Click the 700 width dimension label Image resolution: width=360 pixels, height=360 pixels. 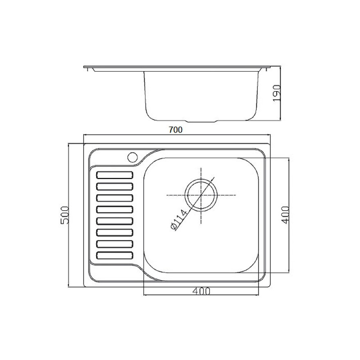pyautogui.click(x=175, y=130)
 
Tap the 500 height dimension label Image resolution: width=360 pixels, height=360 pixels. pyautogui.click(x=65, y=215)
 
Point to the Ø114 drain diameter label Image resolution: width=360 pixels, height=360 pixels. pyautogui.click(x=181, y=220)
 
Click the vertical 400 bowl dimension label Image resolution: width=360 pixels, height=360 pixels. pyautogui.click(x=286, y=215)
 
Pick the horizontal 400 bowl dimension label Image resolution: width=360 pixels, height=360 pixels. pyautogui.click(x=201, y=291)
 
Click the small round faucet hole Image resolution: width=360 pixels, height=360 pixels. pyautogui.click(x=133, y=157)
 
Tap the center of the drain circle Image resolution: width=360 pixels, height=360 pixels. pyautogui.click(x=201, y=195)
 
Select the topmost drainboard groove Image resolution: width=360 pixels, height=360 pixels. pyautogui.click(x=115, y=175)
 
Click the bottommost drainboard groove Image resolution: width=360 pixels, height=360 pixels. pyautogui.click(x=115, y=255)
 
